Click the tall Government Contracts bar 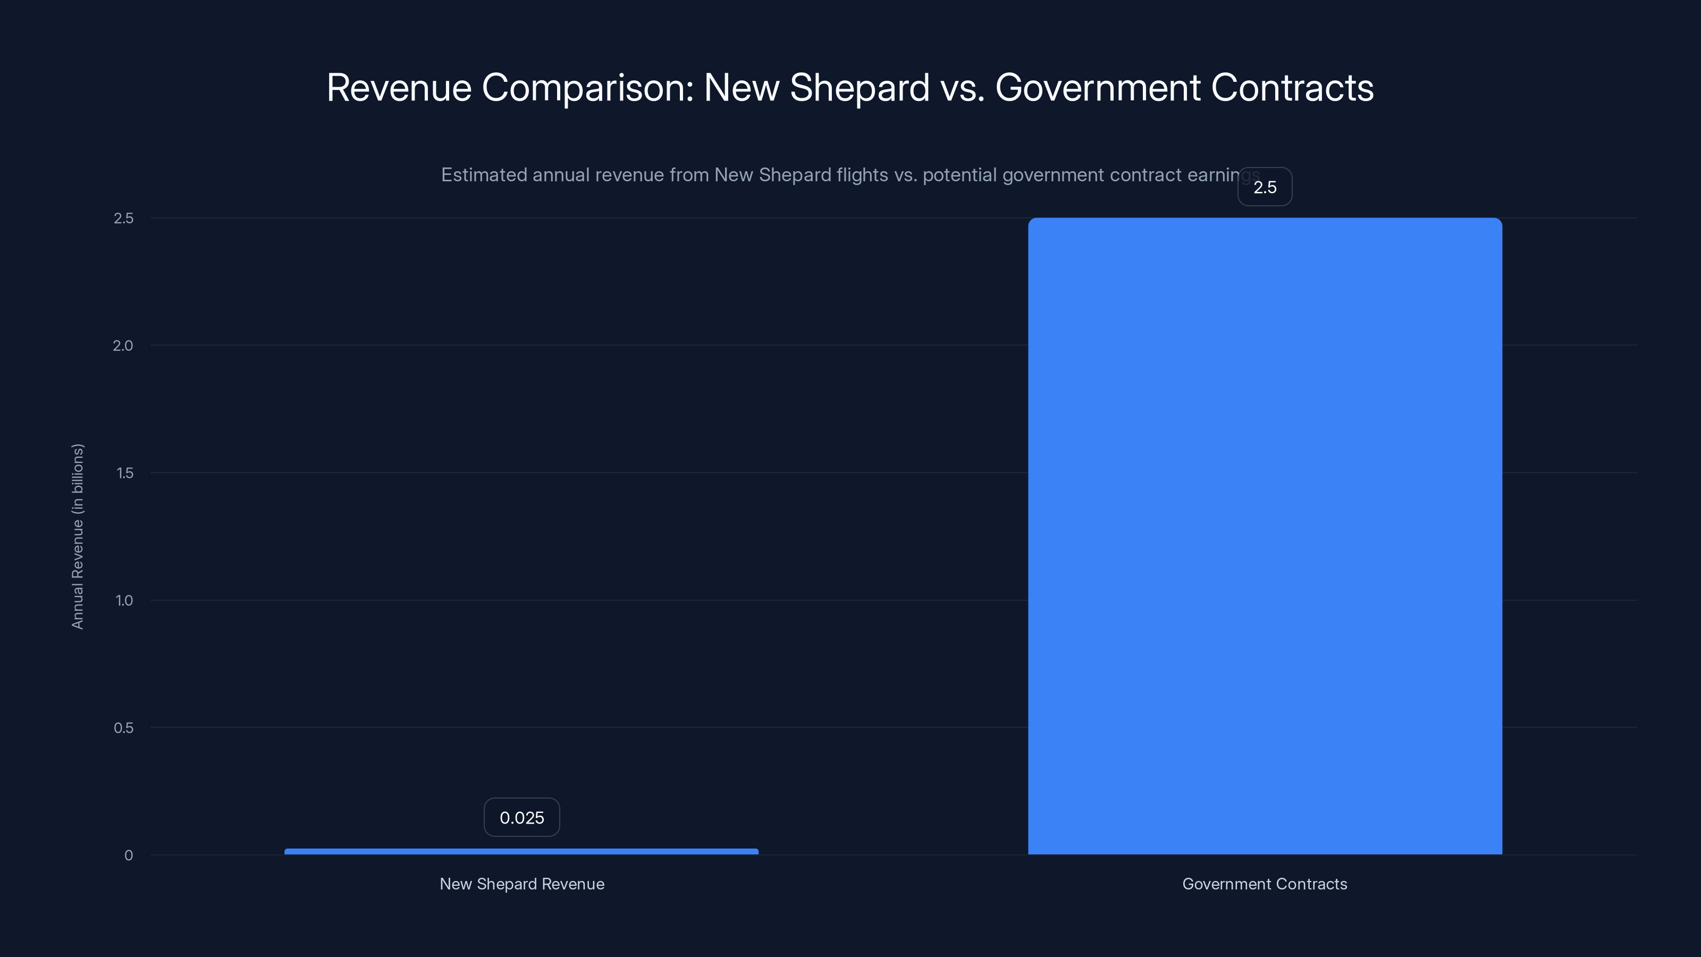click(x=1265, y=535)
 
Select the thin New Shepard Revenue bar click(x=521, y=851)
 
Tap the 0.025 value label click(x=521, y=818)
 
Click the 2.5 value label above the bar click(x=1265, y=187)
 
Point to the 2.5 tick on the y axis click(x=123, y=219)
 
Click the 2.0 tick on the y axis click(x=123, y=346)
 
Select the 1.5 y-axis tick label click(x=124, y=473)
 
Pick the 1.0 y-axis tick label click(x=124, y=600)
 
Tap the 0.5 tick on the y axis click(x=123, y=728)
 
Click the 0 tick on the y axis click(x=128, y=855)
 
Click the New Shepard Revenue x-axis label click(x=521, y=884)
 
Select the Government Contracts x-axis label click(x=1265, y=884)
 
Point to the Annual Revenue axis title click(x=77, y=536)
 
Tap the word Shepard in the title click(x=860, y=88)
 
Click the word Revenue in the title click(x=399, y=88)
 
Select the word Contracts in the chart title click(x=1292, y=88)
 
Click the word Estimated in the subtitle click(x=483, y=175)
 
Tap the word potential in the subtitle click(x=959, y=175)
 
